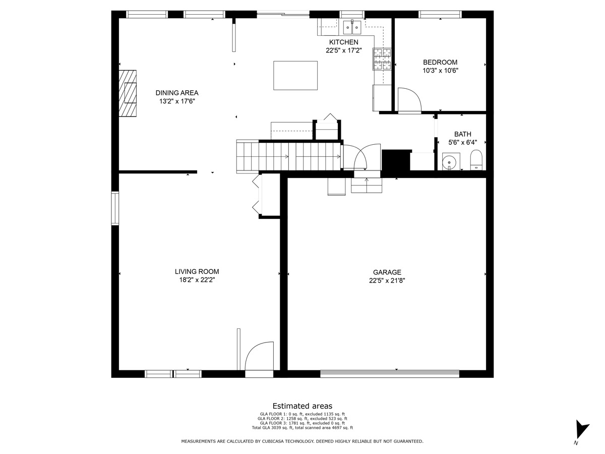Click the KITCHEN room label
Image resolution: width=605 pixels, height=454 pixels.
tap(344, 42)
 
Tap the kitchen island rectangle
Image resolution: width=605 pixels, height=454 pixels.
tap(295, 76)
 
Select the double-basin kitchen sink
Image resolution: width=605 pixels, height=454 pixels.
tap(352, 27)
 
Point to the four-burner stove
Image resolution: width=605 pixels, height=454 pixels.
tap(382, 59)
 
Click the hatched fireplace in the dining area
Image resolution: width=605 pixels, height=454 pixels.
tap(128, 93)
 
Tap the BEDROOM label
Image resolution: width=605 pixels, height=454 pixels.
tap(440, 62)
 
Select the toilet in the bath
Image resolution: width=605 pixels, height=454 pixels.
tap(476, 159)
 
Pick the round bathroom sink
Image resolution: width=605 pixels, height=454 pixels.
tap(449, 162)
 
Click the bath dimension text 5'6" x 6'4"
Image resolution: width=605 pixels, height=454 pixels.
tap(462, 143)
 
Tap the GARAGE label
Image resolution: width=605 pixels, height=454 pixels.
tap(387, 272)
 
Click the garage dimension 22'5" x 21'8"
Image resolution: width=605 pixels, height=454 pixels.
tap(387, 280)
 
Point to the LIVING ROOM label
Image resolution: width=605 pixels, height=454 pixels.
tap(197, 271)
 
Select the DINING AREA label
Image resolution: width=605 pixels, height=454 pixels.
tap(177, 93)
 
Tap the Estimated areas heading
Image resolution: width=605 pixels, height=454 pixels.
tap(302, 406)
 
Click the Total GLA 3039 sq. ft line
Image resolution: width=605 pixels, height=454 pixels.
tap(302, 428)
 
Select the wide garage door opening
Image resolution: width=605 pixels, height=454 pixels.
tap(390, 374)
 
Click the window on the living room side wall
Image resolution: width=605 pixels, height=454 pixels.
tap(115, 208)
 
